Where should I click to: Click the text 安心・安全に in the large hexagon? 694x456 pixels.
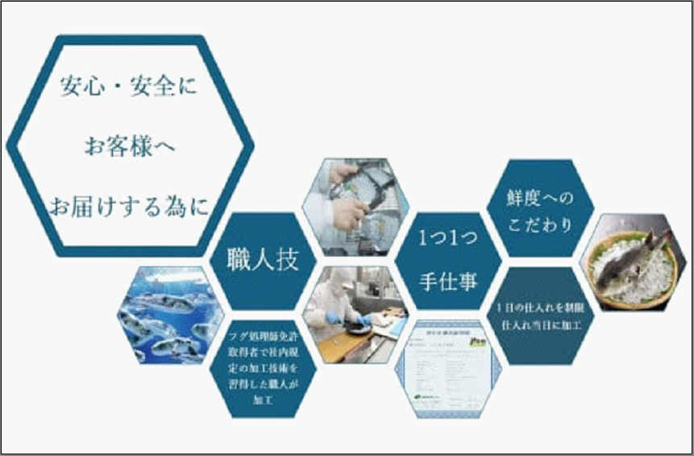(129, 86)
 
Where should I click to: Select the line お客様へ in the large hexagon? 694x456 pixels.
(130, 147)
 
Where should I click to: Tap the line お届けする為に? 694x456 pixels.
(129, 207)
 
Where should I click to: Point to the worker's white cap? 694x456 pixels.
(339, 277)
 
